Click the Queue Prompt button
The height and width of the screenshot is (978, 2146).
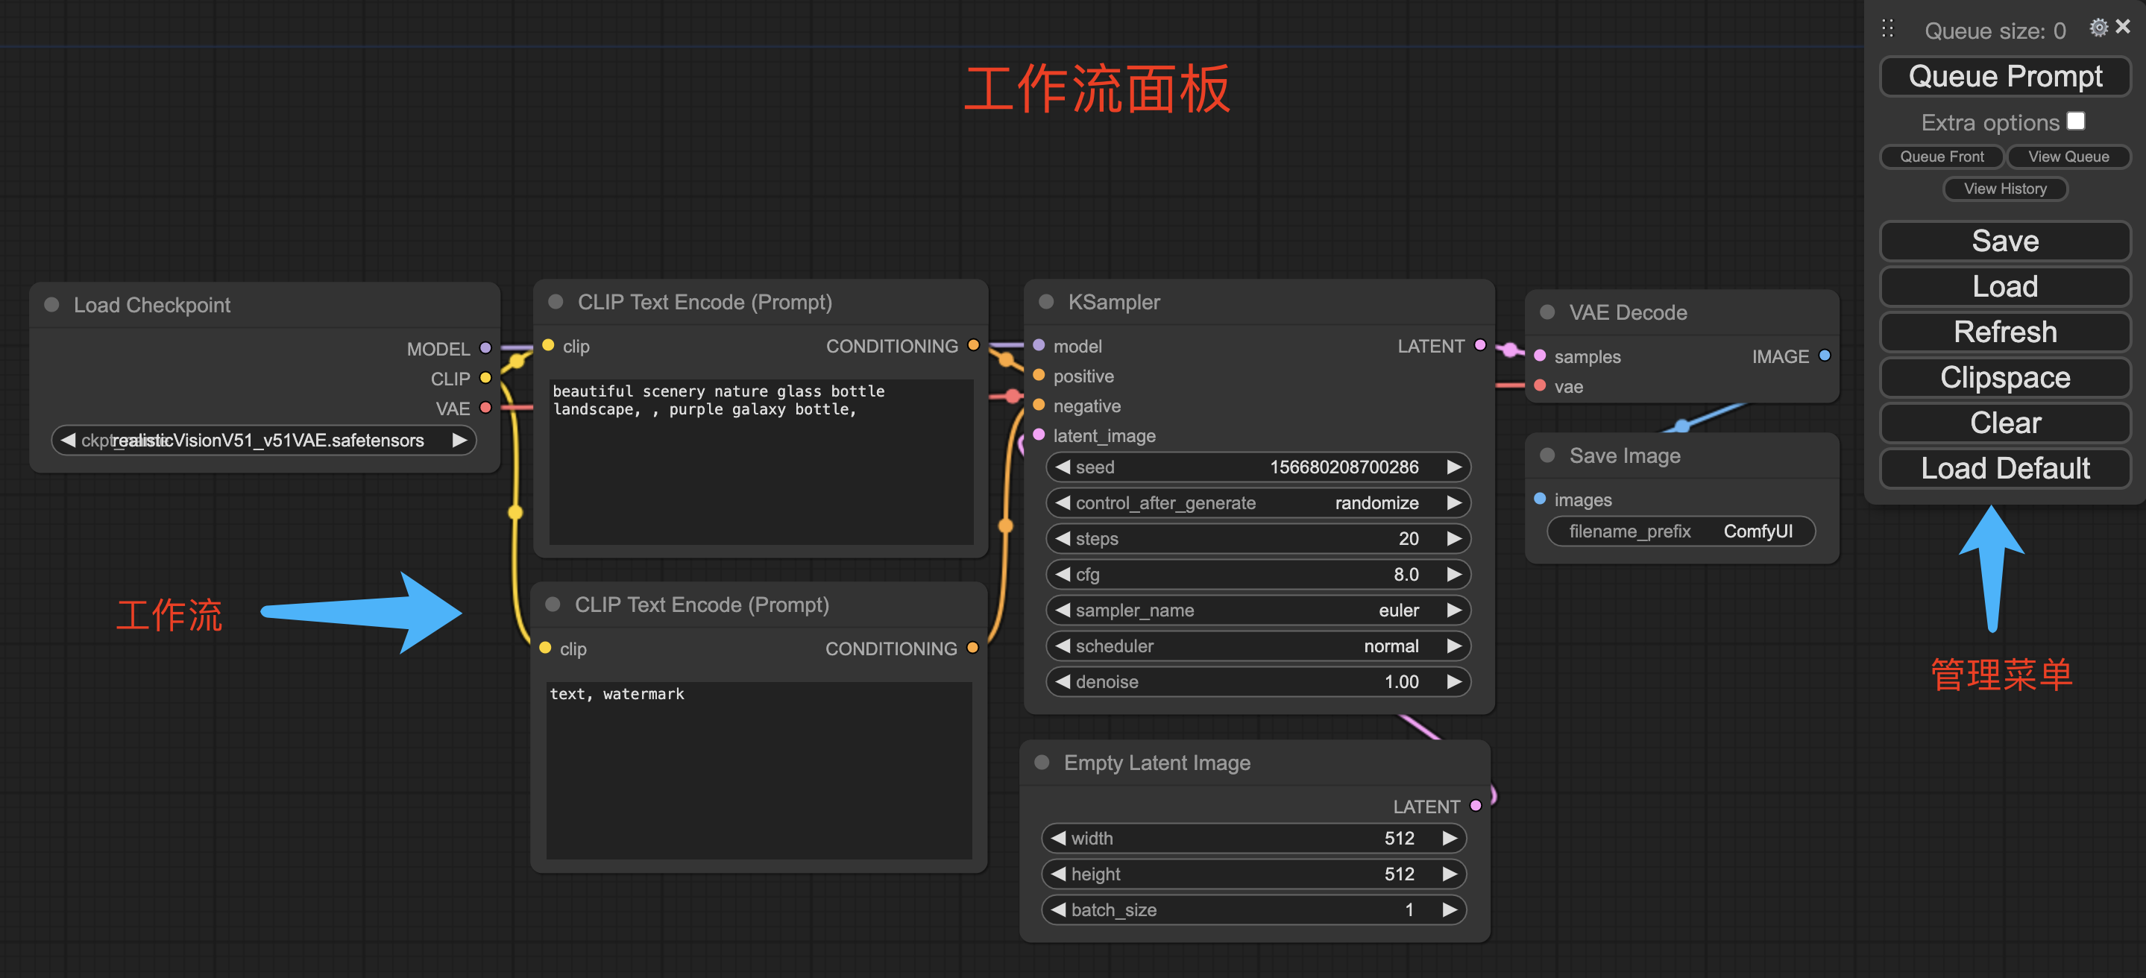[x=2004, y=77]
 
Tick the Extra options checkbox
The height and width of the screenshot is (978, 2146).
[x=2075, y=122]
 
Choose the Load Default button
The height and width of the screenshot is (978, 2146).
[x=2004, y=468]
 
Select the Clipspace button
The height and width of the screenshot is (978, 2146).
[x=2004, y=377]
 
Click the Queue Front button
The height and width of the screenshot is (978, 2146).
[x=1941, y=157]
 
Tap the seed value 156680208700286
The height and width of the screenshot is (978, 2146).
[x=1343, y=467]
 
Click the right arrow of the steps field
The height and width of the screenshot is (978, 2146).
[x=1454, y=539]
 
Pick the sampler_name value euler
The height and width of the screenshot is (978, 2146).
[x=1398, y=611]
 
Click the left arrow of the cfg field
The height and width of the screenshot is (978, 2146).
[x=1062, y=575]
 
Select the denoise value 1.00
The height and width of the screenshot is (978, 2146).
[x=1400, y=682]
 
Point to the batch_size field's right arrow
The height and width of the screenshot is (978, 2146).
[x=1450, y=909]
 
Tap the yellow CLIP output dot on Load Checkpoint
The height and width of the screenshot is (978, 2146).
[x=485, y=378]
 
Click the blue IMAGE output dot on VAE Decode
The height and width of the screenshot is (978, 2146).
[x=1825, y=356]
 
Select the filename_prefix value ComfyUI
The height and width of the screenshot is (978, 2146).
[x=1757, y=531]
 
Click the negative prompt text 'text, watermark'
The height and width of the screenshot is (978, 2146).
[x=617, y=694]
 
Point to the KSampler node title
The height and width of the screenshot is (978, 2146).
[x=1114, y=303]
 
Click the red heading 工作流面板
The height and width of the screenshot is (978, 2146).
[x=1096, y=89]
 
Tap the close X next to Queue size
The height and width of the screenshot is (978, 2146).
[x=2123, y=27]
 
